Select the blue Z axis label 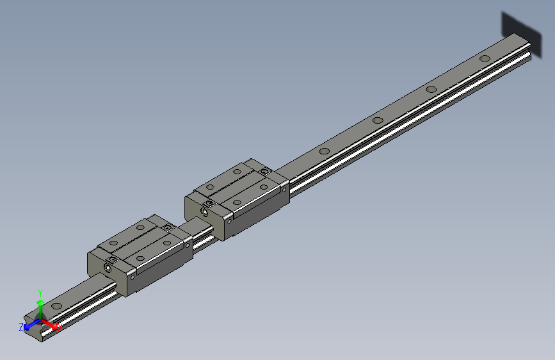coord(21,327)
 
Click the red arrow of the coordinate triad coord(51,325)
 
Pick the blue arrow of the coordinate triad coord(29,325)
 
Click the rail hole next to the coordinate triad coord(57,306)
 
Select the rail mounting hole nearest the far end coord(485,58)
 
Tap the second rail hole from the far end coord(431,90)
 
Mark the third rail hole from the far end coord(378,120)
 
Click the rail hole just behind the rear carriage coord(325,152)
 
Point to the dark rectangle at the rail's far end coord(520,27)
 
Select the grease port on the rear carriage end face coord(205,211)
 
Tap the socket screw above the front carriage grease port coord(113,259)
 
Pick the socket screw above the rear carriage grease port coord(209,202)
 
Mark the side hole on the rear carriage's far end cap coord(284,188)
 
